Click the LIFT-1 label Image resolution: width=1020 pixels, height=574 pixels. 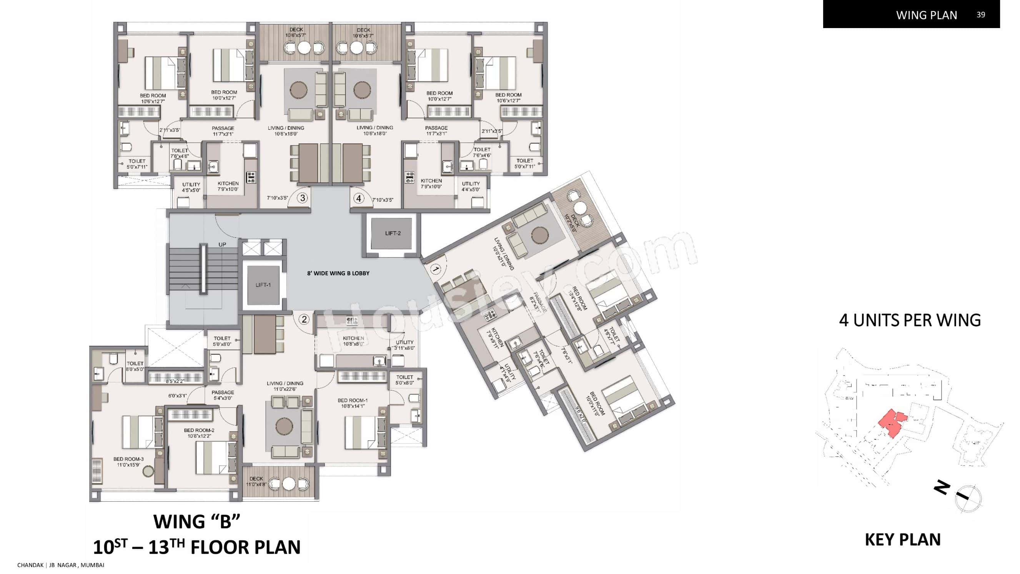coord(263,285)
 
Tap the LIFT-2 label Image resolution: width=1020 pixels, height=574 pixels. coord(393,233)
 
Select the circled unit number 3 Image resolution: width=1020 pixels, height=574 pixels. coord(303,198)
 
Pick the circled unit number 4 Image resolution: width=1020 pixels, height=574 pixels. coord(359,198)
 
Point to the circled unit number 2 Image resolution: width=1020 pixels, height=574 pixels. coord(304,319)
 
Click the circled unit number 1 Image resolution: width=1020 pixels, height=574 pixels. coord(435,270)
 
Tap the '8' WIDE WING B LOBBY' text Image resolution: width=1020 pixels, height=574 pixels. coord(338,273)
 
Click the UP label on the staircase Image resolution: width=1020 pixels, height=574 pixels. coord(223,244)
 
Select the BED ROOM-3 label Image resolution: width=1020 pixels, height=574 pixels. coord(128,459)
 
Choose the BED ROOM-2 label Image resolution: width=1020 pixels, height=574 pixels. coord(199,430)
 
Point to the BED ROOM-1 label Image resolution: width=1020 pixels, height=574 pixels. coord(353,400)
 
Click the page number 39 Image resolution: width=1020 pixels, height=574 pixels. coord(980,15)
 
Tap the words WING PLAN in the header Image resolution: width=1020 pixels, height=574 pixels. coord(927,15)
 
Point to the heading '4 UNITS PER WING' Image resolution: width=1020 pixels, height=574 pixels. coord(910,320)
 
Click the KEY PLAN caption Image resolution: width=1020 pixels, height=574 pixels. coord(903,539)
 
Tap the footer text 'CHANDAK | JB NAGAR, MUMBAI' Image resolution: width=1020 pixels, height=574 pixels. coord(61,565)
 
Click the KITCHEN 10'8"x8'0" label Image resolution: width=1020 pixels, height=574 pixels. coord(354,341)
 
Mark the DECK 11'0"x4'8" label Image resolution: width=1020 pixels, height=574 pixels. coord(256,481)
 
